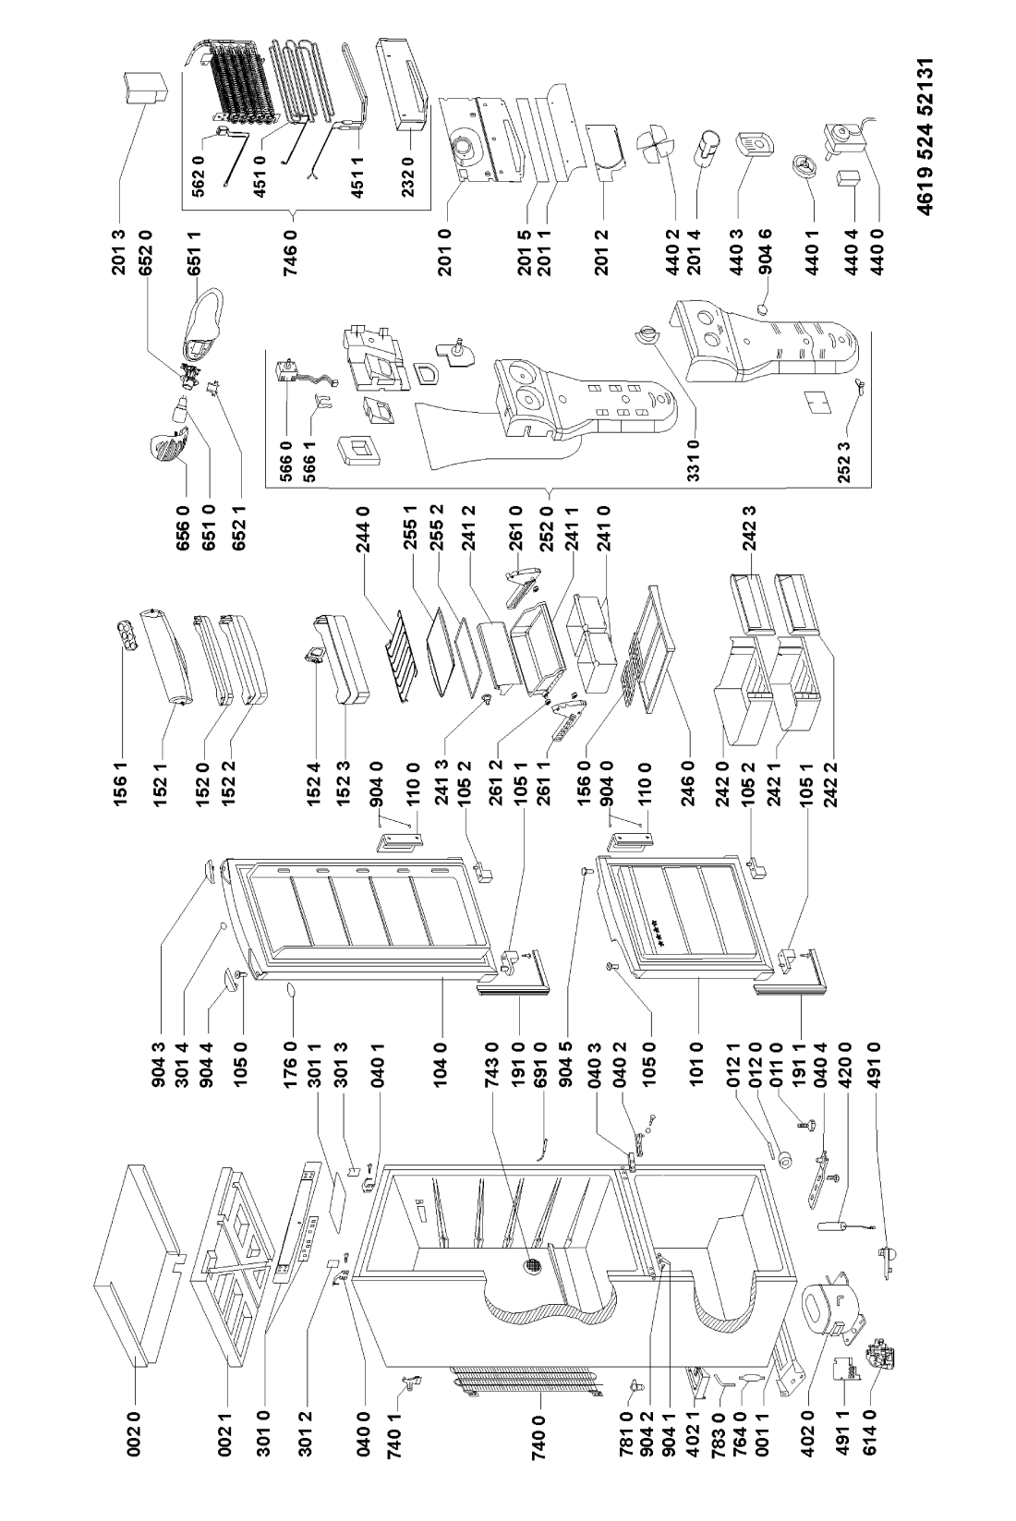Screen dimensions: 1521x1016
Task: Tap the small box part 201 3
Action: (x=142, y=90)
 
